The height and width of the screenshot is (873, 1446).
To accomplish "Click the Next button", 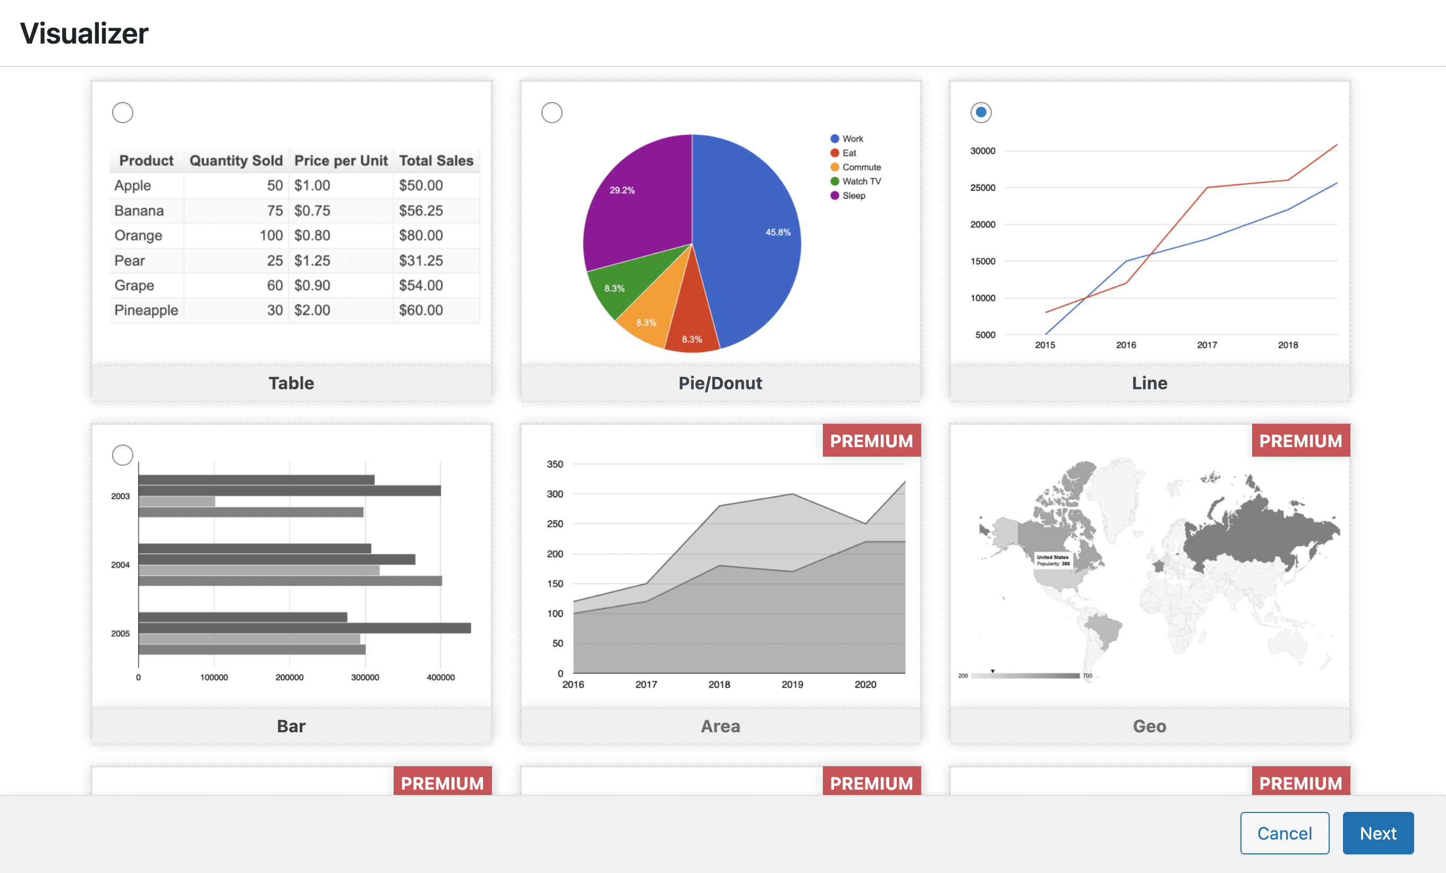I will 1377,833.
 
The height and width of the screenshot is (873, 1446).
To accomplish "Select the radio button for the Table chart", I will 123,112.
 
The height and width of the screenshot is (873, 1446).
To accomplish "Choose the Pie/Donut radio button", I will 551,112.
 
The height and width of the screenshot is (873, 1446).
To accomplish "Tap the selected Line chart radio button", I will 980,112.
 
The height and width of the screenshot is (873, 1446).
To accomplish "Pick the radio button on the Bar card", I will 123,455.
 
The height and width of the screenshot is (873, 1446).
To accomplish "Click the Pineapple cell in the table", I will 146,310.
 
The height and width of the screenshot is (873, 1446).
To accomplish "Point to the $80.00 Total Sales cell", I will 421,235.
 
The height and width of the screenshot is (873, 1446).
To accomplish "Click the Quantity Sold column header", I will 236,160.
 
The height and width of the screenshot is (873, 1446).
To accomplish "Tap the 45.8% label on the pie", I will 778,233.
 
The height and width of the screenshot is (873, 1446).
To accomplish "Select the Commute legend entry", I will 861,167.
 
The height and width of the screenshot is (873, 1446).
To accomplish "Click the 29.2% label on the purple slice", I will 622,190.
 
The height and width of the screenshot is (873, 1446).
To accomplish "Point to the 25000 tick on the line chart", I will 982,188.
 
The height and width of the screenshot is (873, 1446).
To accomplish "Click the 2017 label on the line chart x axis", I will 1206,345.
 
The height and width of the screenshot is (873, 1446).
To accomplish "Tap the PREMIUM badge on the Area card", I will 871,441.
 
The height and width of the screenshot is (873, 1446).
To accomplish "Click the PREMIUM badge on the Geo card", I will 1300,441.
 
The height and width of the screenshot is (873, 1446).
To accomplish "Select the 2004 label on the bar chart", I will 120,565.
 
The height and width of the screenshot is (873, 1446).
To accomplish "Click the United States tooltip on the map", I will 1053,560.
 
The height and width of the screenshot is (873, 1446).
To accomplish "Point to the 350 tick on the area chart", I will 555,464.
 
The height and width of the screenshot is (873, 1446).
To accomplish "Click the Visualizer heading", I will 84,33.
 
